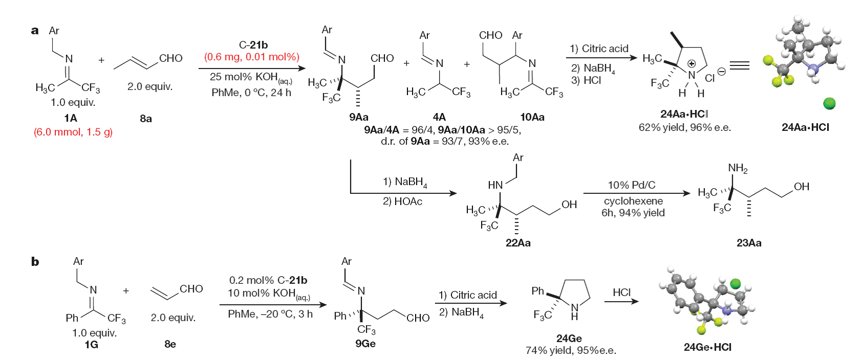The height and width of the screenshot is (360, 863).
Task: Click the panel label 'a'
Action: point(35,31)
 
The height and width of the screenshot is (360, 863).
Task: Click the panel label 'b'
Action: point(35,262)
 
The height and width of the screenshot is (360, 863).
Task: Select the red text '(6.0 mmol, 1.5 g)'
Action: point(73,132)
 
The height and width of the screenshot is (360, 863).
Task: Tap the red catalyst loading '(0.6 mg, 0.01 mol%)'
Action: point(252,57)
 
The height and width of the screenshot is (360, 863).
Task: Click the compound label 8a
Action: point(146,119)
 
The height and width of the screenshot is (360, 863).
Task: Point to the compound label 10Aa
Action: point(532,117)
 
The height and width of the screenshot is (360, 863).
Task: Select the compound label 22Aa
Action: point(518,243)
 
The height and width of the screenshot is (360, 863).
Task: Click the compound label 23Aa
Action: point(749,243)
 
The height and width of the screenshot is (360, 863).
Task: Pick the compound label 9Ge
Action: point(366,344)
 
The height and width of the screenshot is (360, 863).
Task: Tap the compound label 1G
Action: point(92,345)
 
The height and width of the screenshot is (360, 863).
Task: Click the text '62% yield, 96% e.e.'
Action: point(685,127)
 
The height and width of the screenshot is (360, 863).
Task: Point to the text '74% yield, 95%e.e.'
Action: point(571,351)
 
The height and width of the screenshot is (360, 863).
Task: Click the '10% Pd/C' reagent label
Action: point(631,185)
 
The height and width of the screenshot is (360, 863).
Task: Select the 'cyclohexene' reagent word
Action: point(633,201)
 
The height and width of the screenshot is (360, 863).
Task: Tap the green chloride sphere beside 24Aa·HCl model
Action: point(829,104)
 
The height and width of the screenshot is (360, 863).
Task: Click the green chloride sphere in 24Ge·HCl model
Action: point(735,283)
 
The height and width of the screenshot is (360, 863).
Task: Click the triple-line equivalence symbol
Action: point(739,65)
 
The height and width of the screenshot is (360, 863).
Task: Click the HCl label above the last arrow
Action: point(622,292)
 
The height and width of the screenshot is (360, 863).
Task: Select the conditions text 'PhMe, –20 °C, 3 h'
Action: point(270,314)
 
